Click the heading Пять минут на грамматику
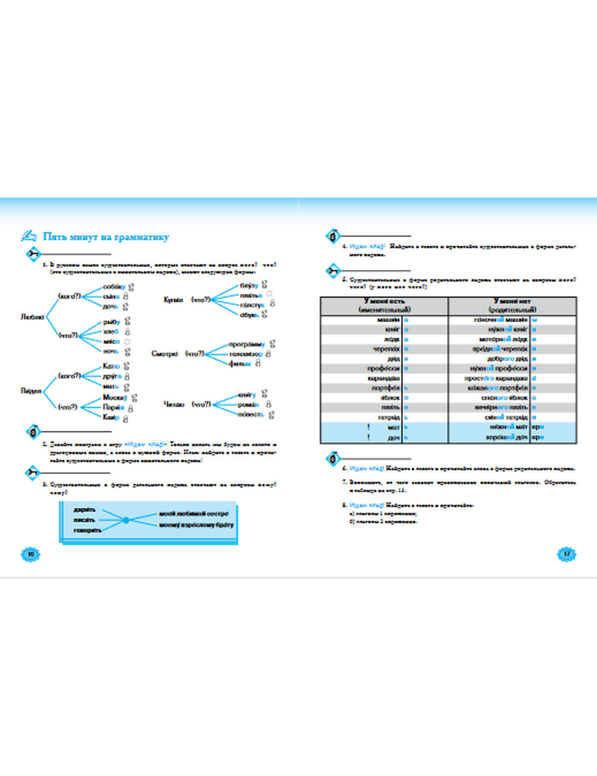coord(106,237)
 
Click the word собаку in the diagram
coord(114,287)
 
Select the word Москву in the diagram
coord(115,398)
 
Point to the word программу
coord(247,344)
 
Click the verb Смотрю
coord(165,354)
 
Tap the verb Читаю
coord(174,404)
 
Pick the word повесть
coord(250,414)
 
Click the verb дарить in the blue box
coord(84,510)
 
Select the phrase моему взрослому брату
coord(196,525)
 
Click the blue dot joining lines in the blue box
coord(126,521)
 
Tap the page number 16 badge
coord(30,554)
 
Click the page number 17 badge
coord(566,554)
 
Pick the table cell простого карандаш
coord(496,378)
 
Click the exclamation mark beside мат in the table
coord(369,427)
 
